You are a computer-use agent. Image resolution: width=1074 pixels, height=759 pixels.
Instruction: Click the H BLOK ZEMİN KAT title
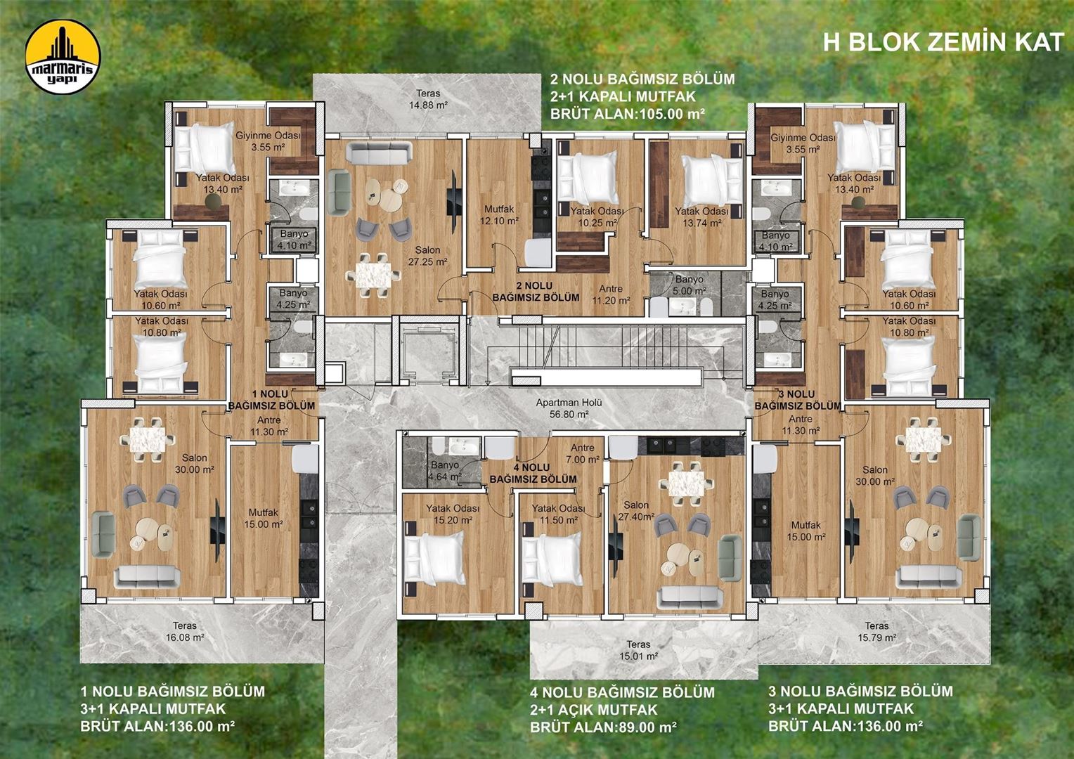(943, 42)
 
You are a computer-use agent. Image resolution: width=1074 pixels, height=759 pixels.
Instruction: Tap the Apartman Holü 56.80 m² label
(568, 408)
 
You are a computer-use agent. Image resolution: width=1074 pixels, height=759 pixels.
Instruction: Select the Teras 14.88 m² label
(428, 99)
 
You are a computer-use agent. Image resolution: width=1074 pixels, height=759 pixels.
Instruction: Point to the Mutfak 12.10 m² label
(499, 214)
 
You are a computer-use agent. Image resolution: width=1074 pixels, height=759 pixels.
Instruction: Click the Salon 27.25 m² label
(428, 256)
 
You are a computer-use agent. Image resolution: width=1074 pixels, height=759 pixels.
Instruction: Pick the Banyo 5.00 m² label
(689, 285)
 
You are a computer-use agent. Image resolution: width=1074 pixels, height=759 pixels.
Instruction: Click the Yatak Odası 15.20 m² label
(453, 514)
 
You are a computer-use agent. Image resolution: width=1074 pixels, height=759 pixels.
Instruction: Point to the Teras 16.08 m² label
(185, 631)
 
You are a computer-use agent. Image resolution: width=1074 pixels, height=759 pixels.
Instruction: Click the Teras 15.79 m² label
(876, 631)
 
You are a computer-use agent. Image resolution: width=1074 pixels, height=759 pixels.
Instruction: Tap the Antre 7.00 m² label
(583, 453)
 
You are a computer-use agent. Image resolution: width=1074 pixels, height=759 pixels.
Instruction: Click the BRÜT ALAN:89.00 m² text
(603, 727)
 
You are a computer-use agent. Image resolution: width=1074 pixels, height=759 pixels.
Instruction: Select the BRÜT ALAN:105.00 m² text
(628, 113)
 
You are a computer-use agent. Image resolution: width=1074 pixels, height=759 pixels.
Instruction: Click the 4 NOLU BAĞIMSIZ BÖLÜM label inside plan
(533, 473)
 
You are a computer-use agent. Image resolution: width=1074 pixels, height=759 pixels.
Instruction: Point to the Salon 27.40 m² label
(638, 510)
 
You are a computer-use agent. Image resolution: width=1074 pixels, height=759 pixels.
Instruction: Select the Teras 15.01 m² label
(638, 650)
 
